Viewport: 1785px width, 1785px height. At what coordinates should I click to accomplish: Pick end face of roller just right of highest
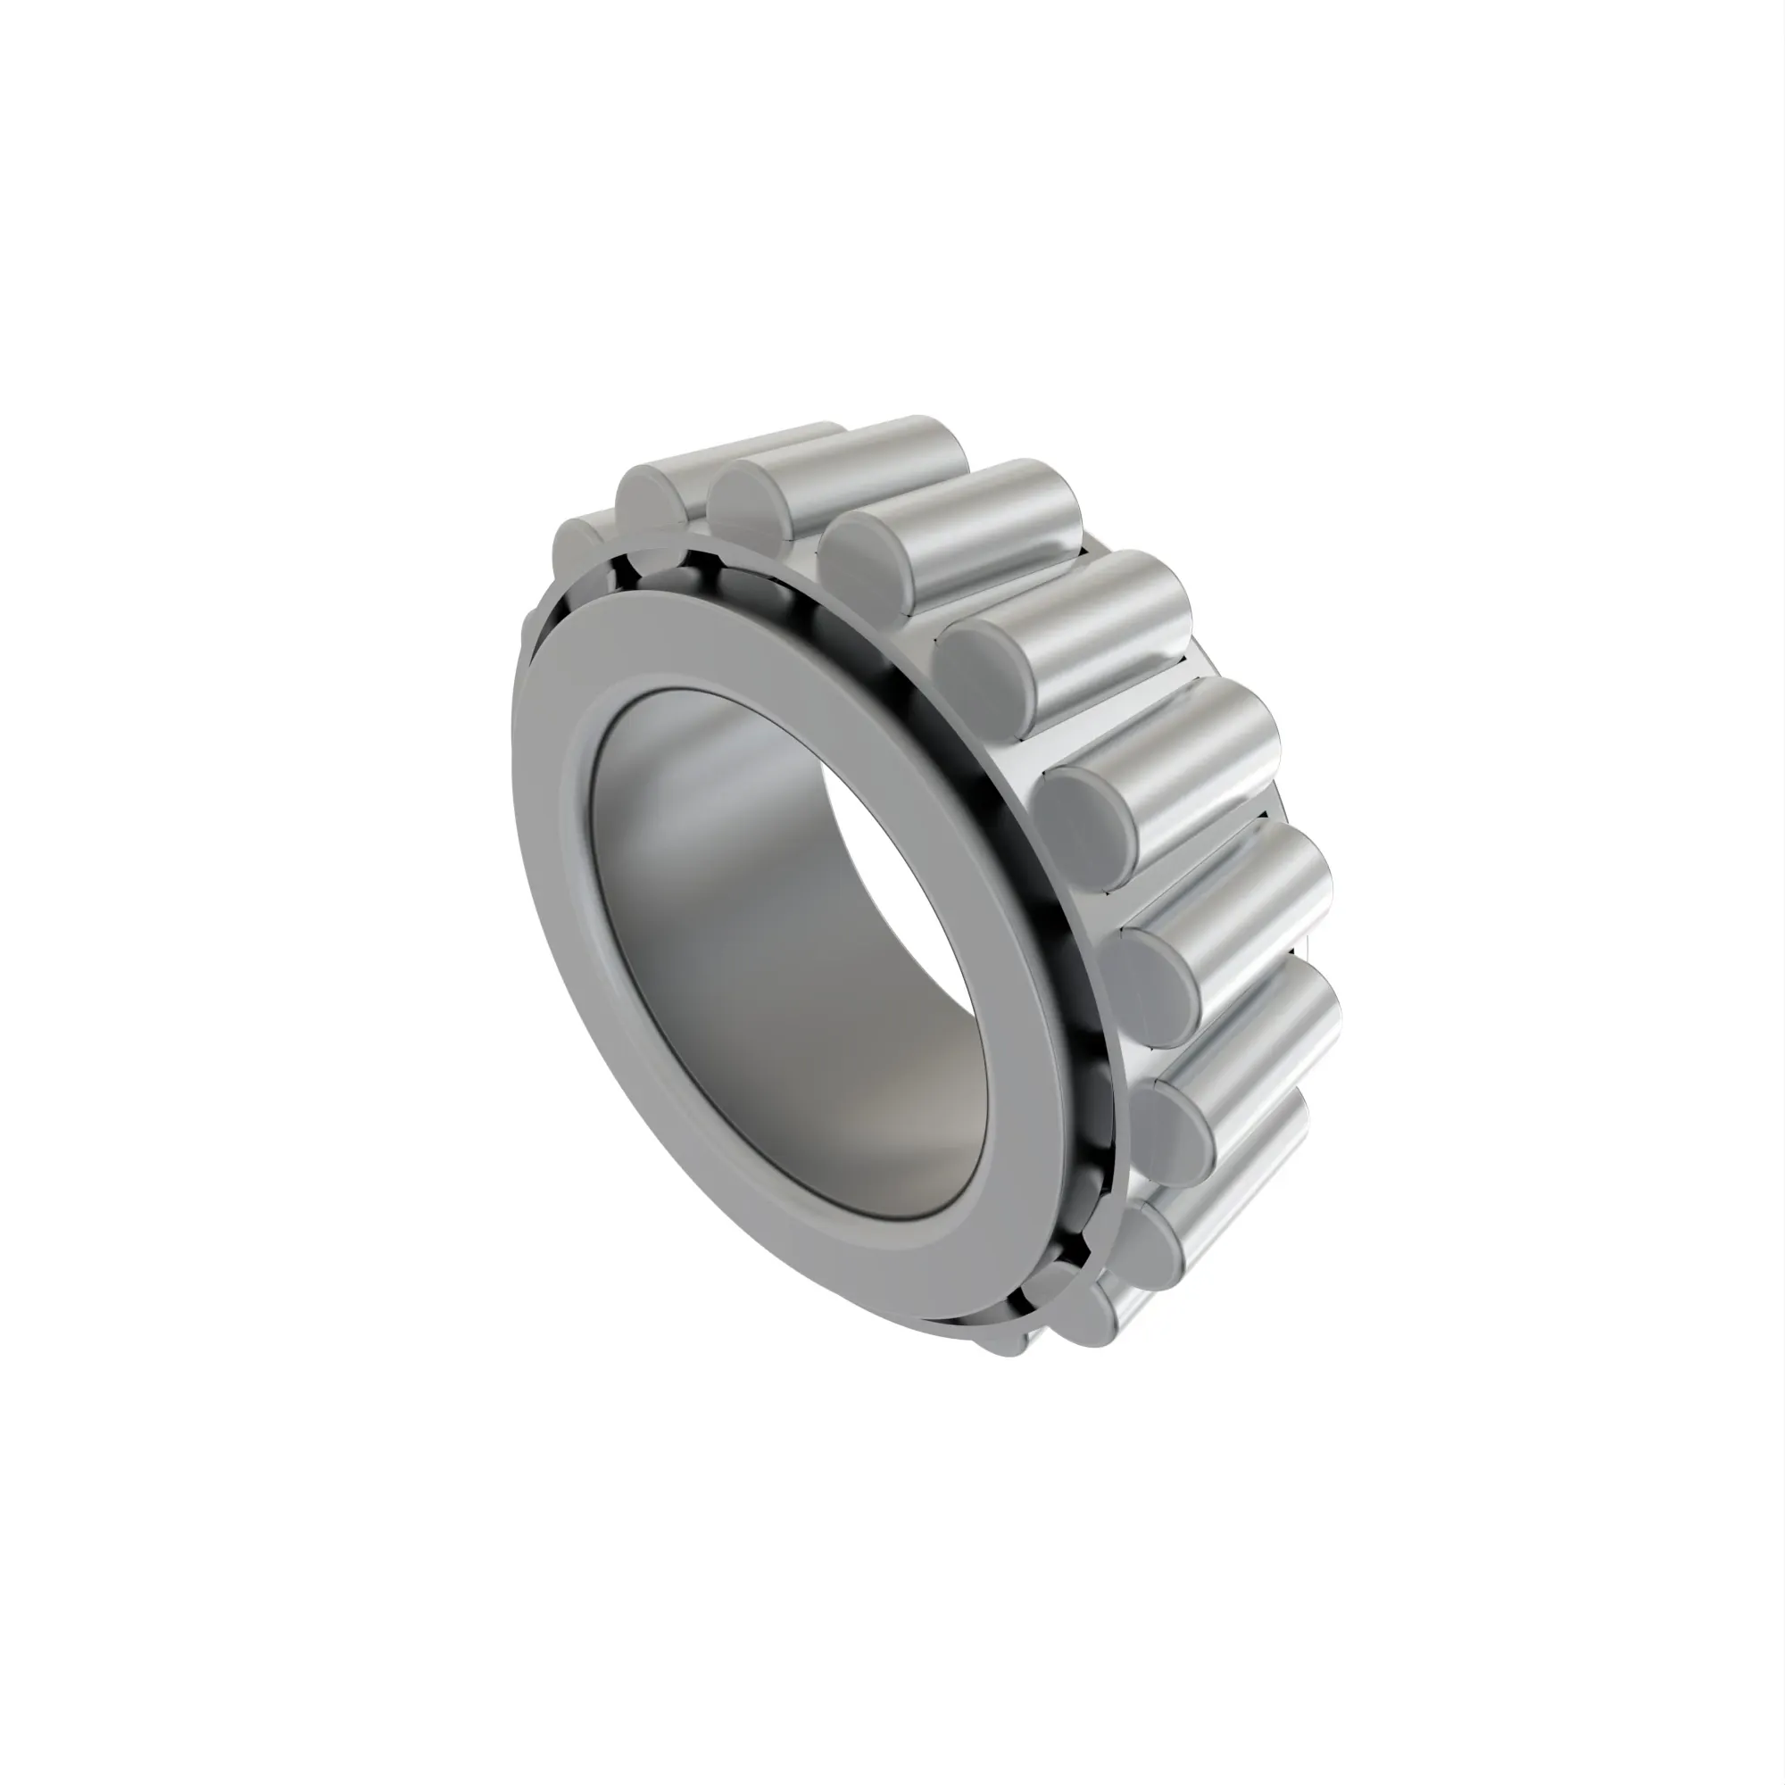click(859, 554)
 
